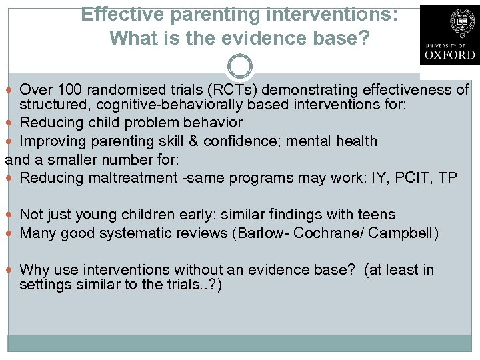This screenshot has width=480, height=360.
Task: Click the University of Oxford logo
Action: tap(449, 34)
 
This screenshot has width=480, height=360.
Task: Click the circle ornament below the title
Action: tap(239, 67)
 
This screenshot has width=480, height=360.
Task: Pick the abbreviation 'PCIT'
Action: tap(411, 178)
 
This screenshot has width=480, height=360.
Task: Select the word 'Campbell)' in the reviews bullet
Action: tap(408, 233)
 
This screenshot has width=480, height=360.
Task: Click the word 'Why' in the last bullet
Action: tap(33, 270)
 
